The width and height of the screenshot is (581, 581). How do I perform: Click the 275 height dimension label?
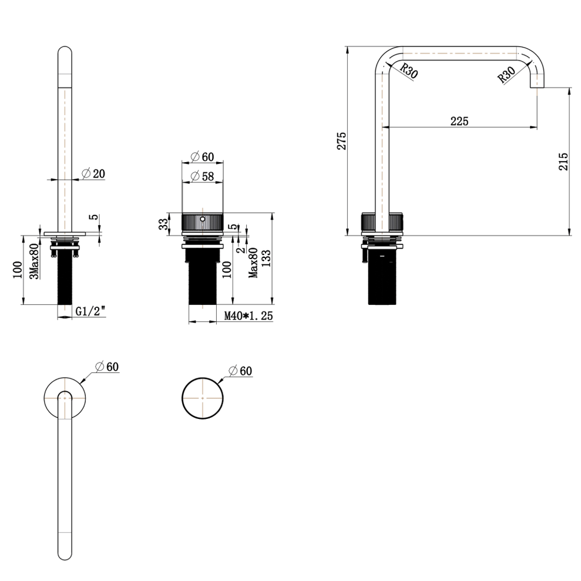341,141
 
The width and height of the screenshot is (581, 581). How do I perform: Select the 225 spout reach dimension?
459,121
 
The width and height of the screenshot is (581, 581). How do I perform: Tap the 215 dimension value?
562,162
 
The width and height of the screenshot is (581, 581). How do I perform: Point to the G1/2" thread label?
90,312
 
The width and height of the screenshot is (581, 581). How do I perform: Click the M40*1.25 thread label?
248,316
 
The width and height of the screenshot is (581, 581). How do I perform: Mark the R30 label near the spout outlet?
506,75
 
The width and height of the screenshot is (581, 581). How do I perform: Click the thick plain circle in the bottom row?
203,398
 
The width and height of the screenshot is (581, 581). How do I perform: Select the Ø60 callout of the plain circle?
240,371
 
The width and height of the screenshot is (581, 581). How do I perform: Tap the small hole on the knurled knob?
202,219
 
